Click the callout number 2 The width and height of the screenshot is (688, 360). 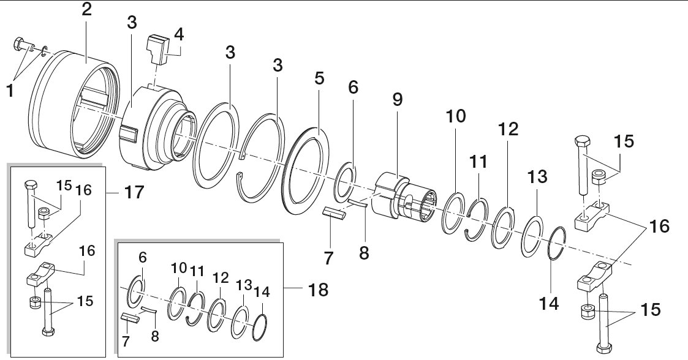click(x=87, y=9)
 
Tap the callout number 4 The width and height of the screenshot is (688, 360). click(x=178, y=34)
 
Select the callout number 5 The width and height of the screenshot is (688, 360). click(x=319, y=78)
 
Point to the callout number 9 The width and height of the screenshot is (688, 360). click(x=397, y=100)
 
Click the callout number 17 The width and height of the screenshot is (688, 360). click(x=134, y=192)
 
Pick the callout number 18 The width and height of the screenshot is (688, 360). click(x=318, y=290)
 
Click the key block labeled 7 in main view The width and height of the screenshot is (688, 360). click(x=334, y=214)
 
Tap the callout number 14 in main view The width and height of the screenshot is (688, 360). click(x=549, y=303)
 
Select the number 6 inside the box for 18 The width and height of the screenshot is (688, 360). click(x=143, y=258)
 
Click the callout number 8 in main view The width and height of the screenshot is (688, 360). click(x=364, y=253)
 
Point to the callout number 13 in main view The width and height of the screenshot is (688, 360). click(x=537, y=177)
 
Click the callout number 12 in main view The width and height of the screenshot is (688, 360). click(x=508, y=129)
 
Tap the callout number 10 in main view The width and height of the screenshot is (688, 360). click(x=455, y=116)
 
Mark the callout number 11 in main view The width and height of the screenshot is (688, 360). click(x=478, y=162)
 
